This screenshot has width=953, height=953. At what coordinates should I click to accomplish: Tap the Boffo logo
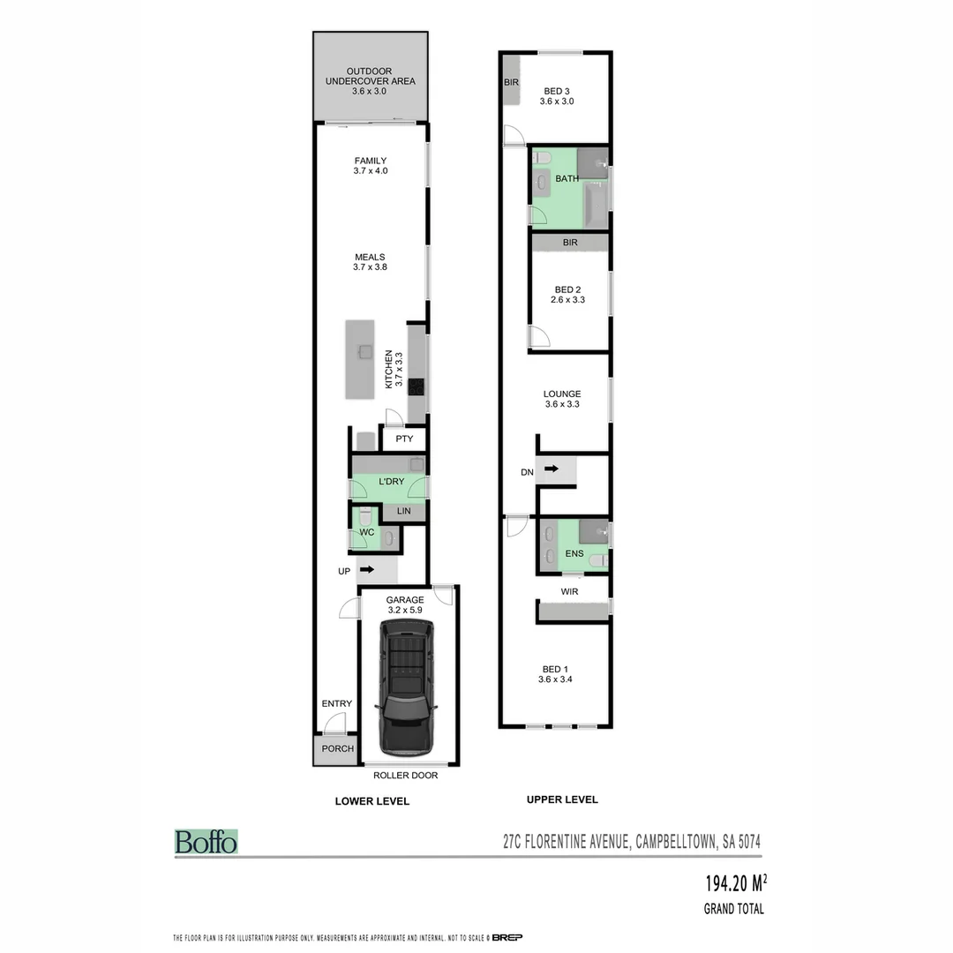click(206, 842)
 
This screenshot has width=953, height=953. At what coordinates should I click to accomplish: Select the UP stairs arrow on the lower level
click(367, 570)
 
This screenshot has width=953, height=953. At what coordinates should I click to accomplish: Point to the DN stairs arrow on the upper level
click(552, 469)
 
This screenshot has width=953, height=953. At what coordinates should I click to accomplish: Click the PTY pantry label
click(404, 439)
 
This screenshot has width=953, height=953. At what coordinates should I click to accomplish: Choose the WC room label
click(367, 533)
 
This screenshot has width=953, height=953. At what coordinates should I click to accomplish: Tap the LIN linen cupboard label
click(403, 511)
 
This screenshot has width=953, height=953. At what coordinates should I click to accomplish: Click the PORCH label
click(337, 748)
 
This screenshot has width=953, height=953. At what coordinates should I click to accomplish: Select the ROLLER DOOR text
click(405, 776)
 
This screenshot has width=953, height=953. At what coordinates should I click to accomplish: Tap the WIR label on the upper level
click(569, 591)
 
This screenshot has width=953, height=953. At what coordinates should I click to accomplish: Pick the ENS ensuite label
click(574, 553)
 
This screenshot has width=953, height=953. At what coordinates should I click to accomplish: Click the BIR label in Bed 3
click(511, 82)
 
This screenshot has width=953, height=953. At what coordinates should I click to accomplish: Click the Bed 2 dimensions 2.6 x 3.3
click(568, 300)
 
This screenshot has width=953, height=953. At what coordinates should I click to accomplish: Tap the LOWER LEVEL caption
click(371, 801)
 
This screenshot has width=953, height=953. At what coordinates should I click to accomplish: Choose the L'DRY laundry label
click(391, 482)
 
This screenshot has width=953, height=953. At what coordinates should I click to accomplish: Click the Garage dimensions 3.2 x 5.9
click(405, 609)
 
